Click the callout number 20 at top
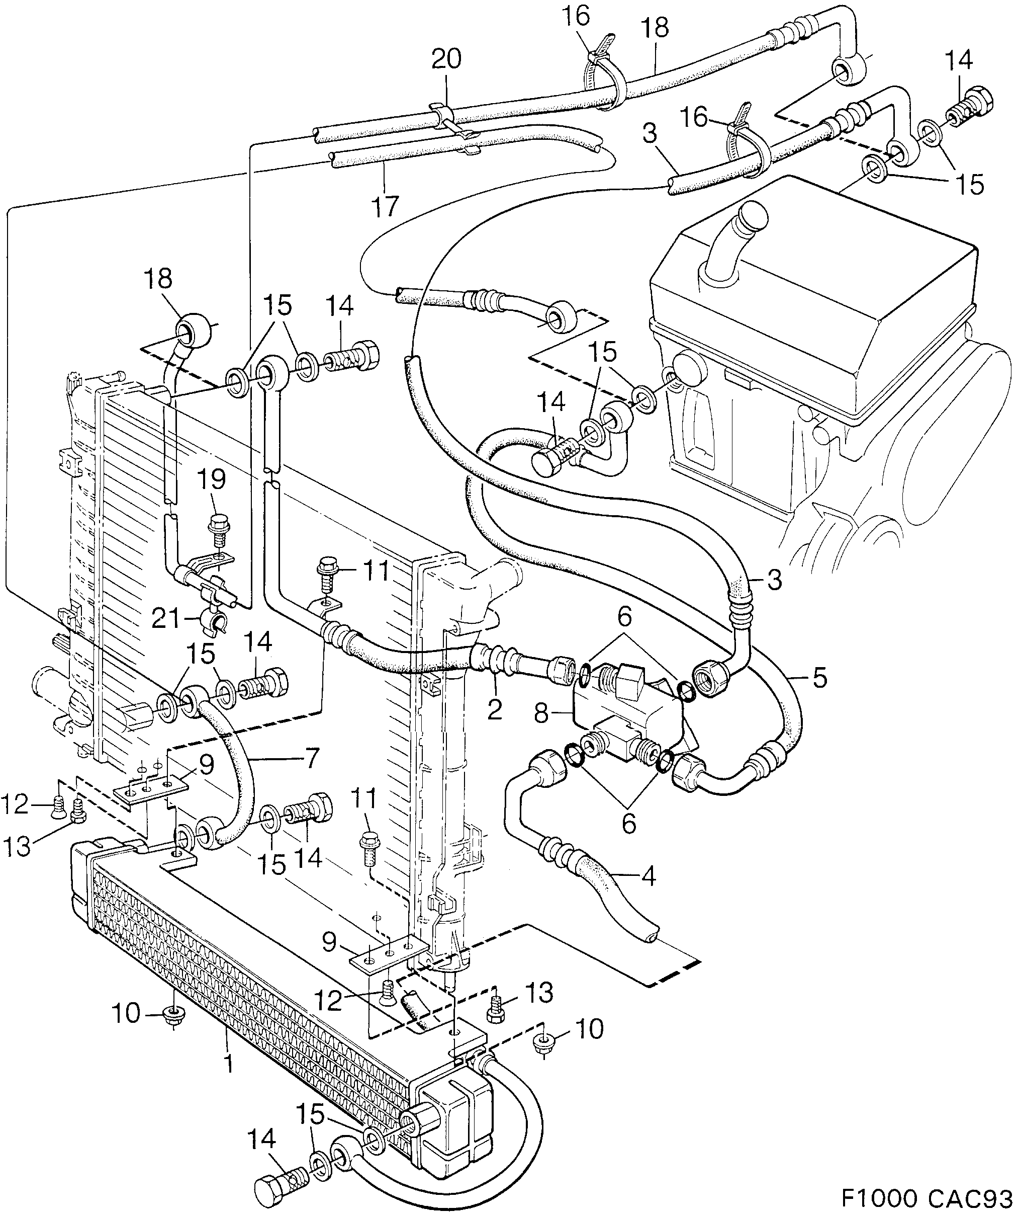tap(447, 60)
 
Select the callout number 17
tap(386, 206)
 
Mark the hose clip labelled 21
tap(215, 622)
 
